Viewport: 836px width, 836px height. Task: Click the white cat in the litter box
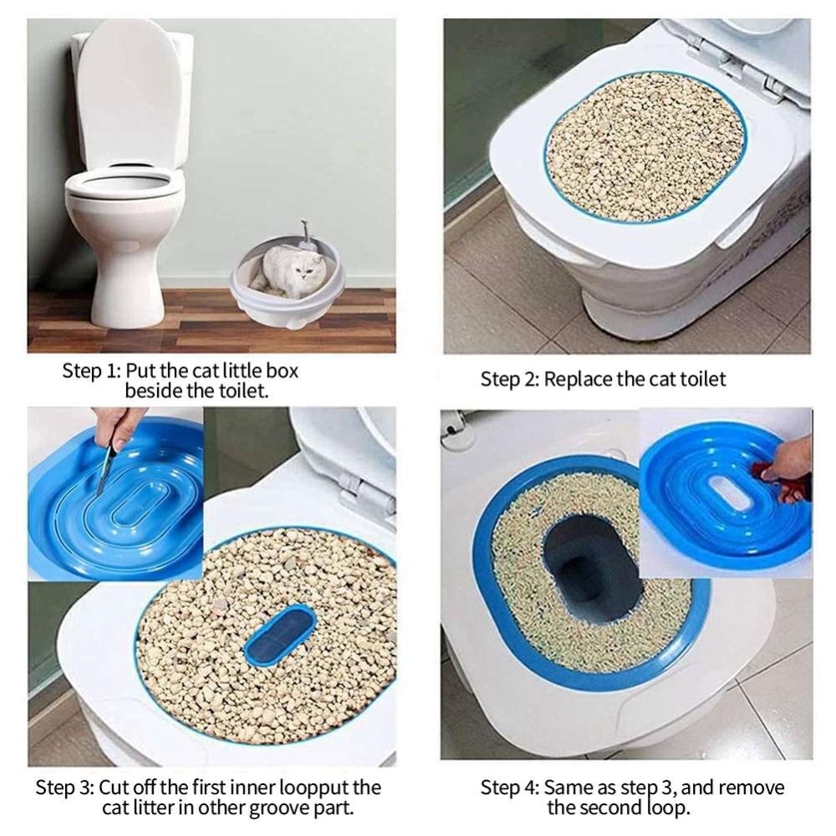[291, 270]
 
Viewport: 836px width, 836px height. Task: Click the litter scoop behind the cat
[305, 237]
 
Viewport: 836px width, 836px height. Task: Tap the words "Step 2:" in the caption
[510, 380]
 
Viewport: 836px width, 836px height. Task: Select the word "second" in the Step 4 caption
[613, 808]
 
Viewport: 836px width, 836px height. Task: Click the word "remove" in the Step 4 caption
[752, 788]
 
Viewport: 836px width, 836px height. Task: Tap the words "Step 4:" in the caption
[510, 788]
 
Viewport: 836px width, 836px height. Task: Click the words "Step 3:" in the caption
[65, 788]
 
